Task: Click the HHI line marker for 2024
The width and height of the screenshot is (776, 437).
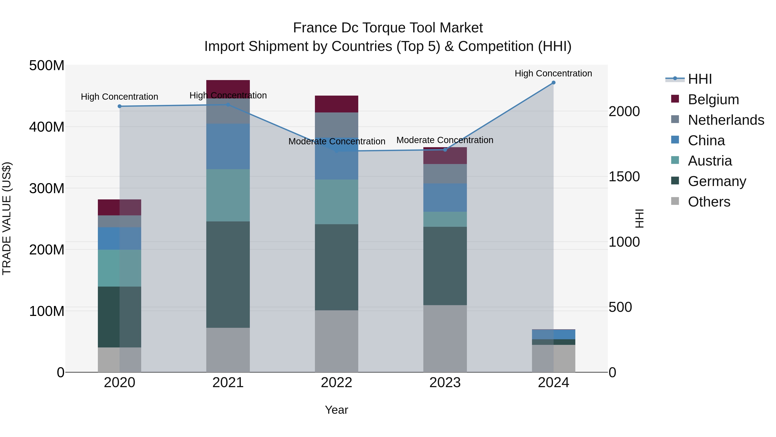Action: click(x=553, y=83)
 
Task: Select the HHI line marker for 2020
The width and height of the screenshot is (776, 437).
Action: click(x=120, y=106)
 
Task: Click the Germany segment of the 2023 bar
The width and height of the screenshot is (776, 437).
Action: click(x=445, y=266)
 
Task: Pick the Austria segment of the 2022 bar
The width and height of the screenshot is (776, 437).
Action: click(x=336, y=202)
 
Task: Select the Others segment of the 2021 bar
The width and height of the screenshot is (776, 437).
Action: click(x=228, y=350)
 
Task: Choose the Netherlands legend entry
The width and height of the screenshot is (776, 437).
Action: click(x=726, y=120)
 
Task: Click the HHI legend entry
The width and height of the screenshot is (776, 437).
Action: click(x=700, y=79)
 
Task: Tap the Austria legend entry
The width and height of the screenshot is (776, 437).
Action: click(x=710, y=161)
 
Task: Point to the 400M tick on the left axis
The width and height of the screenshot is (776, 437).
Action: click(x=47, y=127)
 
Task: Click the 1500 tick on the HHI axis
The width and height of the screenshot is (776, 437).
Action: click(x=624, y=177)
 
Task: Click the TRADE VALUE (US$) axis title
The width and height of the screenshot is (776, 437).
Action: click(x=7, y=218)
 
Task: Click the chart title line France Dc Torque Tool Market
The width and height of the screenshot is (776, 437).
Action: click(x=388, y=28)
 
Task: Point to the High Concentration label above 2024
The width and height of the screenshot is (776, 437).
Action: click(x=553, y=73)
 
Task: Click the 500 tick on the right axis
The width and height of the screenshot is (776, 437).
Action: click(x=620, y=307)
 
